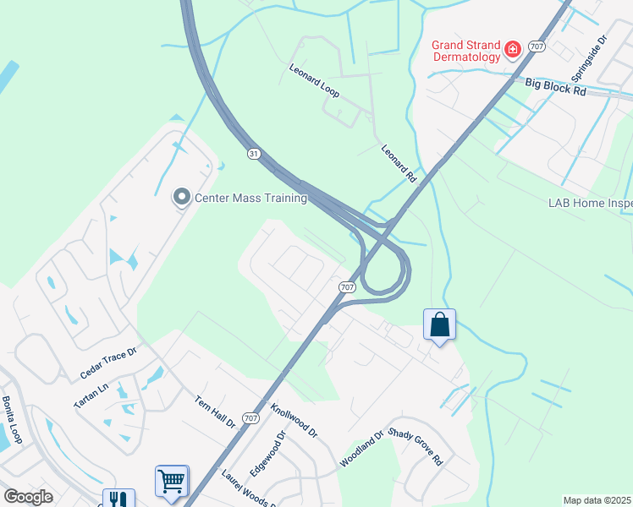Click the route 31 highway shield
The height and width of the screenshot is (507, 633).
[254, 154]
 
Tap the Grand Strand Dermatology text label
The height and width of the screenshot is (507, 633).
[466, 51]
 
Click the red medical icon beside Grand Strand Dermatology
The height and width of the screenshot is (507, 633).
[511, 51]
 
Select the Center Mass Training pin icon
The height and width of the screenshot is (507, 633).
[180, 198]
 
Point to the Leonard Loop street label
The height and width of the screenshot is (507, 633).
[314, 81]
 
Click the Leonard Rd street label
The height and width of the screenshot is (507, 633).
[399, 163]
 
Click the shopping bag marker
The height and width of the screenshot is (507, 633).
[440, 324]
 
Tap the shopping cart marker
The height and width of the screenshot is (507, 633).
[171, 482]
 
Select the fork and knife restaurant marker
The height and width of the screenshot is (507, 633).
[118, 499]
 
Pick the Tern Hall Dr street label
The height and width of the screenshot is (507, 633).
[214, 412]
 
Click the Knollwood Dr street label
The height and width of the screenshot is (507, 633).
[294, 419]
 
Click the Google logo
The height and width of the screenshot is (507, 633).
[28, 497]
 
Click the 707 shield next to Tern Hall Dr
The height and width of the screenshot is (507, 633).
[250, 417]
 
